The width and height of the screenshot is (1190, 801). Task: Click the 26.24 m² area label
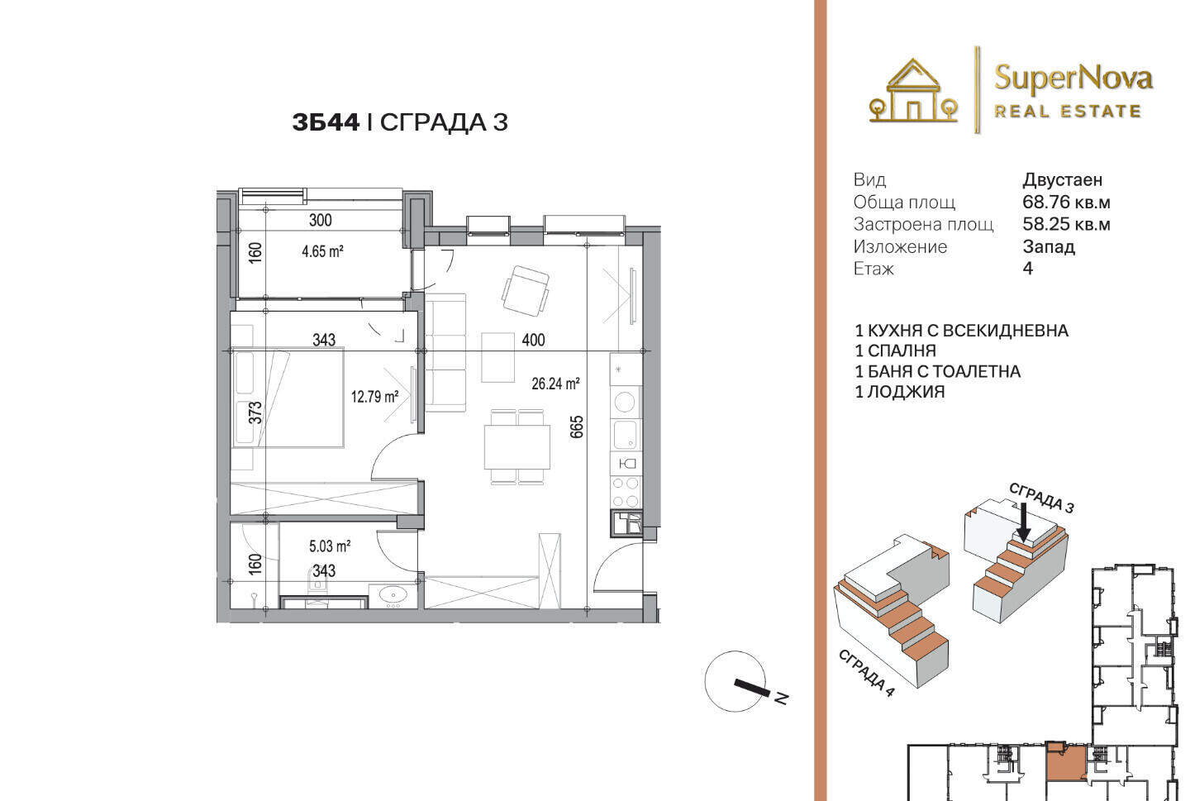coord(555,384)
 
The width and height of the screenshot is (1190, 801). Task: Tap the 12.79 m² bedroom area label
coord(374,397)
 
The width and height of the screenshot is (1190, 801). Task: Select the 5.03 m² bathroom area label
coord(330,546)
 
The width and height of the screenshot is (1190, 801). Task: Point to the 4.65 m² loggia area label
coord(322,250)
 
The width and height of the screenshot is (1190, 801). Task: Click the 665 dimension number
coord(577,427)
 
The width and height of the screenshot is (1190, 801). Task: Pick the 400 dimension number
coord(533,340)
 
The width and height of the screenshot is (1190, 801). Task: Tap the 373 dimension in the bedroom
coord(255,412)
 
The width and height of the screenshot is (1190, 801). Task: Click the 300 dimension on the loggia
coord(321,220)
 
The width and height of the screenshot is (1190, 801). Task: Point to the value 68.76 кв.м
coord(1066,202)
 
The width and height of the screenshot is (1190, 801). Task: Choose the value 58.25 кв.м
coord(1066,224)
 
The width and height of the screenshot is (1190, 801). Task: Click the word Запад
coord(1049,246)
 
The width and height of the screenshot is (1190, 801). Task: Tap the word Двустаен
coord(1063,180)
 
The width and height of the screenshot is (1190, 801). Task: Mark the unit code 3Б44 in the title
coord(326,122)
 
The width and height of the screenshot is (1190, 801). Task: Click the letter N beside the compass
coord(780,698)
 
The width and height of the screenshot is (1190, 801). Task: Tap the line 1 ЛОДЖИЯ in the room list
coord(899,393)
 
